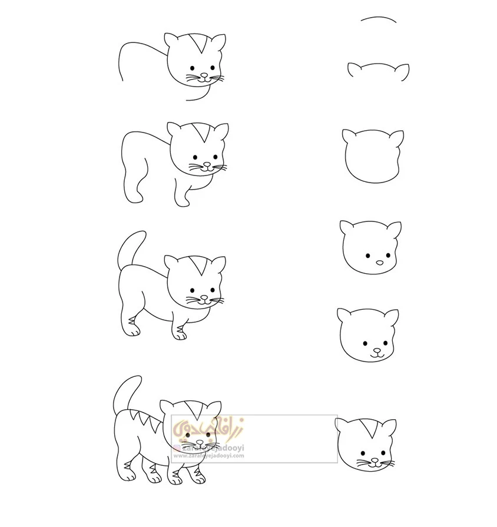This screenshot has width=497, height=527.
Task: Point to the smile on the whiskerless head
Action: (x=377, y=354)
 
